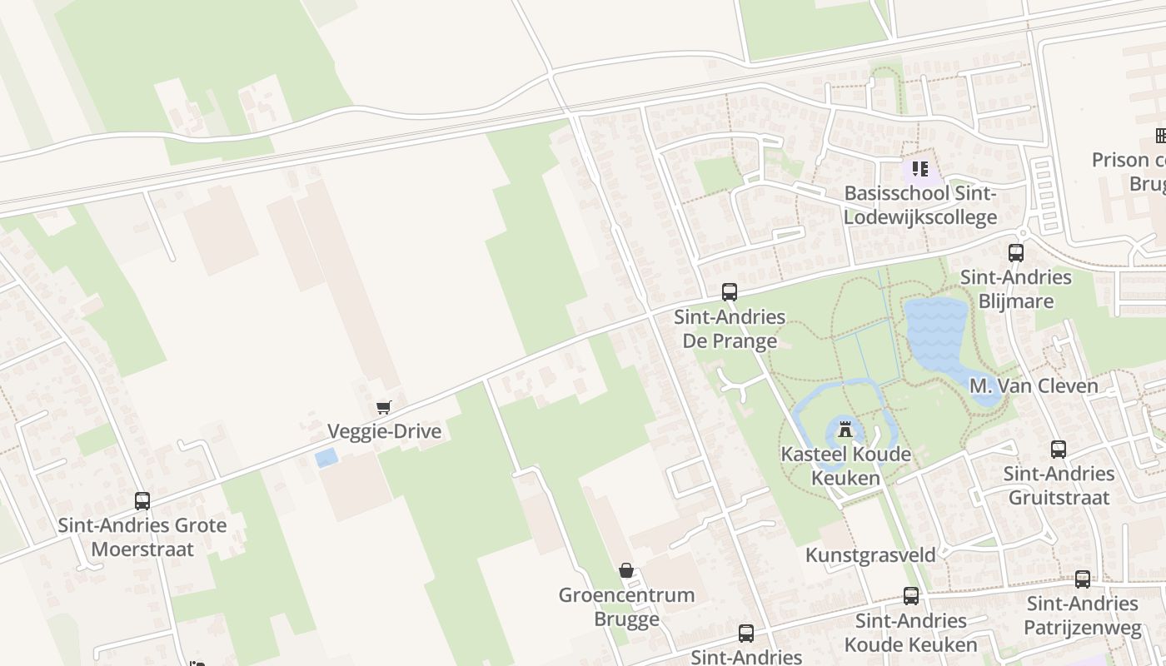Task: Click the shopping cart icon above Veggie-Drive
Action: (383, 407)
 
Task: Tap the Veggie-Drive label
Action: (384, 431)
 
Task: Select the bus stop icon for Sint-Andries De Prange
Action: (730, 292)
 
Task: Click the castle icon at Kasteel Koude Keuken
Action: (845, 430)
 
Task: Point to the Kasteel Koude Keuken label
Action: (845, 466)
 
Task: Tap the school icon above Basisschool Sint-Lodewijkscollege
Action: (919, 170)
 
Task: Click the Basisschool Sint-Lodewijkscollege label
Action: (920, 206)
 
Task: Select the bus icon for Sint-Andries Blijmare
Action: (1016, 252)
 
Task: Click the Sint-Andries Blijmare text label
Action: (1016, 289)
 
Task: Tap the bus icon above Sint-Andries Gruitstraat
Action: (1059, 450)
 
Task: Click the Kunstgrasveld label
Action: (870, 554)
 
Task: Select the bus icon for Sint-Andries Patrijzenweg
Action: (1083, 579)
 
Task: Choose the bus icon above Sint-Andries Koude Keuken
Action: (911, 596)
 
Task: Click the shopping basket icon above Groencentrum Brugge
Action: (626, 570)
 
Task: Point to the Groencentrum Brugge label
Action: (626, 607)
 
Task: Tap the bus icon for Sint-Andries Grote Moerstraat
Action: (142, 501)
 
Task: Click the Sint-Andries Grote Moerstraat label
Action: (142, 537)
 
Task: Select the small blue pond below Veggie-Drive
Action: (326, 458)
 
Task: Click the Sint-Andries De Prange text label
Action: (730, 329)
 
